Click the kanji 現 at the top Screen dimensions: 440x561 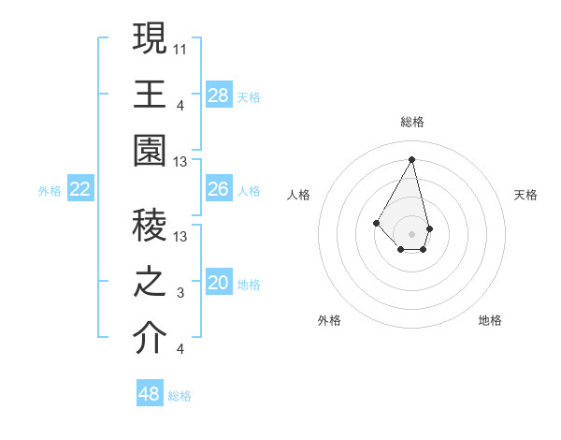[x=151, y=38]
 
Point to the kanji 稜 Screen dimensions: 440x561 [x=151, y=226]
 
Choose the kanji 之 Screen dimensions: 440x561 [x=151, y=282]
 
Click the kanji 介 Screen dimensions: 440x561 [x=151, y=338]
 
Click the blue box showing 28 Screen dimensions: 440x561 [x=219, y=95]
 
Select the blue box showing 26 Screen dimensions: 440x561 [x=219, y=189]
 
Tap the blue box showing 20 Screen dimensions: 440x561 [x=219, y=283]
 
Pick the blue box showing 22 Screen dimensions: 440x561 [x=80, y=189]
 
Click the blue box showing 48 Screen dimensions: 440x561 [x=150, y=394]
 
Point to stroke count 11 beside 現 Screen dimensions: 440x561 [x=181, y=47]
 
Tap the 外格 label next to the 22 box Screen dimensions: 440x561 [x=50, y=191]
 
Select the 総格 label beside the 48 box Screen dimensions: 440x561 [x=180, y=396]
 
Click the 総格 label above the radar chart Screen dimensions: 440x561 [x=412, y=122]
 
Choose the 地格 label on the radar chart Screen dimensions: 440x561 [x=490, y=320]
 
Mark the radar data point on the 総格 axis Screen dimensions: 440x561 [x=412, y=159]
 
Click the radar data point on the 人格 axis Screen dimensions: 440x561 [x=377, y=222]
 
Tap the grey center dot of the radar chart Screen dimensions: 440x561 [x=412, y=233]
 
